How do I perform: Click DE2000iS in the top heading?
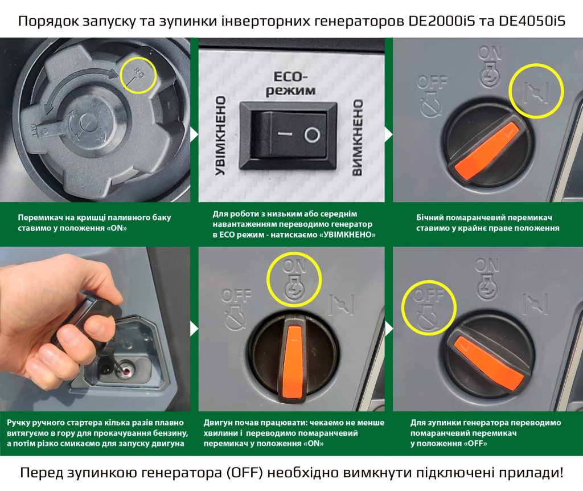click(442, 21)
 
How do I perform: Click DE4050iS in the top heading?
click(531, 21)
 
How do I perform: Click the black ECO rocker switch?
click(289, 137)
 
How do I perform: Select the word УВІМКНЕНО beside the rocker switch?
click(221, 136)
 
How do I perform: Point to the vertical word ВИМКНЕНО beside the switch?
click(357, 137)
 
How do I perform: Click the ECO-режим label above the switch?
click(290, 83)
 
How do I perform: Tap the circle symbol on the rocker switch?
click(312, 134)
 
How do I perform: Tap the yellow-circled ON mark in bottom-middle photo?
click(294, 280)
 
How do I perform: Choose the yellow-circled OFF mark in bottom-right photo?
click(429, 308)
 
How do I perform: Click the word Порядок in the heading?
click(47, 22)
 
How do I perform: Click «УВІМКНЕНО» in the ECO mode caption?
click(347, 235)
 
